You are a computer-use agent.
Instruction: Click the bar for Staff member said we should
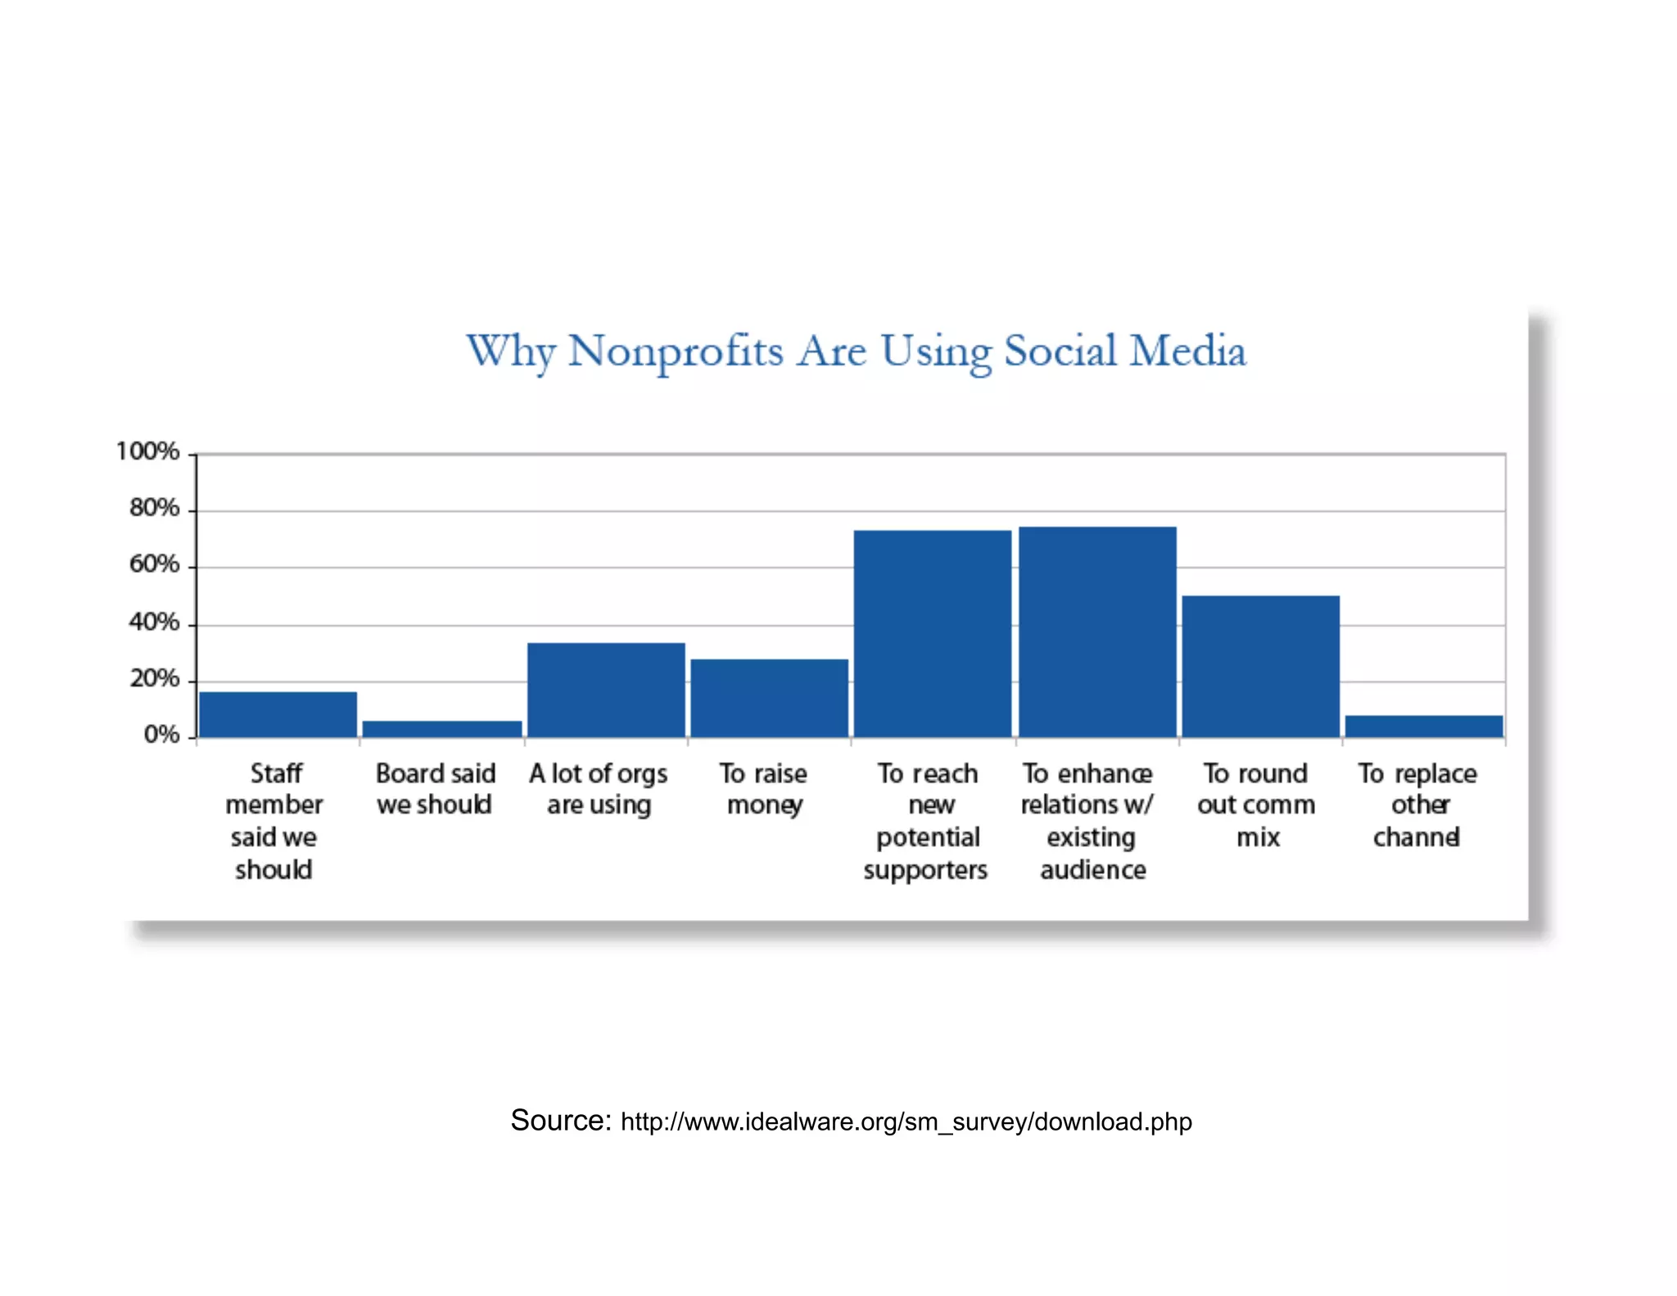coord(278,714)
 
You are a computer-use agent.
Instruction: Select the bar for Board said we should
coord(442,729)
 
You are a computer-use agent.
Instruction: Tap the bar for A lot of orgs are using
coord(606,690)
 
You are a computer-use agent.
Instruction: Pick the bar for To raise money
coord(769,698)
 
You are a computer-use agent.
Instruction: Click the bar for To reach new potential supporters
coord(932,633)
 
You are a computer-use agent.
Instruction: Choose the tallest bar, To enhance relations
coord(1097,632)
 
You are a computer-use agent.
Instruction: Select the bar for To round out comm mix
coord(1260,666)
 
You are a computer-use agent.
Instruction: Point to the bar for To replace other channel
coord(1423,726)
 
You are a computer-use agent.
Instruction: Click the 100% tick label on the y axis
coord(147,451)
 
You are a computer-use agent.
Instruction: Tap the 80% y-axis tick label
coord(154,508)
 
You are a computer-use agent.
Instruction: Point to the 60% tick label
coord(154,564)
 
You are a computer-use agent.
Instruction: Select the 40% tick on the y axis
coord(154,623)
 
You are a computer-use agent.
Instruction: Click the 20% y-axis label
coord(154,678)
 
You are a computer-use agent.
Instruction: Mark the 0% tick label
coord(161,735)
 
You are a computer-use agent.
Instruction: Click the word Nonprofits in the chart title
coord(676,351)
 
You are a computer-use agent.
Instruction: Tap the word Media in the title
coord(1187,351)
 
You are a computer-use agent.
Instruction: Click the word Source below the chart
coord(560,1120)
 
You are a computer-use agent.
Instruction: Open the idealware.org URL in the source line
coord(906,1122)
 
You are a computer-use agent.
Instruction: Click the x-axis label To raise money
coord(764,789)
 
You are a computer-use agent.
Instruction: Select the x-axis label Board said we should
coord(435,789)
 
